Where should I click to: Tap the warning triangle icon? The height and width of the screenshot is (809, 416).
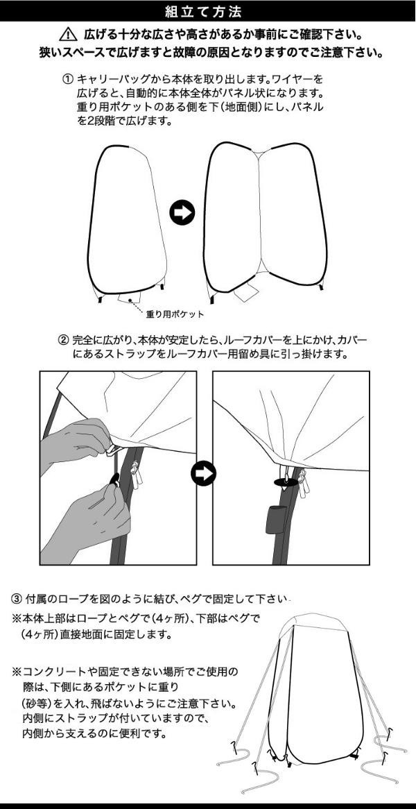[68, 35]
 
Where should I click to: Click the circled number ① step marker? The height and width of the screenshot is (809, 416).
[67, 80]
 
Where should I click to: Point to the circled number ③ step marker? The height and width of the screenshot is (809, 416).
[17, 599]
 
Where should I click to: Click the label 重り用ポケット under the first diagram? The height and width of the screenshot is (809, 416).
[175, 314]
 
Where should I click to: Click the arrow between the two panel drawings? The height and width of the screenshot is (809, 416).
[182, 212]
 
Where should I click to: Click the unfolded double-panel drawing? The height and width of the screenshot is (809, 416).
[266, 222]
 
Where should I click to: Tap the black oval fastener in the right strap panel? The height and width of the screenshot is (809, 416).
[286, 482]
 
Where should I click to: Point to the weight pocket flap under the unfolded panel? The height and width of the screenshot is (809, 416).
[246, 293]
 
